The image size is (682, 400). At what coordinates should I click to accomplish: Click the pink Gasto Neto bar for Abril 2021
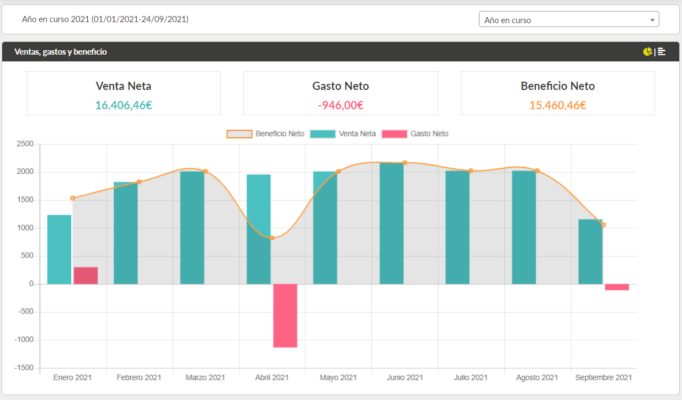pyautogui.click(x=285, y=316)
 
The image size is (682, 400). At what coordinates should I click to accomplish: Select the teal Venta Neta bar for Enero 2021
pyautogui.click(x=60, y=249)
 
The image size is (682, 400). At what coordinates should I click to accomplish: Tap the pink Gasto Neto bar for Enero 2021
pyautogui.click(x=86, y=276)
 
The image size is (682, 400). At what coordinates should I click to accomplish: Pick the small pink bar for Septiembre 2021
pyautogui.click(x=617, y=287)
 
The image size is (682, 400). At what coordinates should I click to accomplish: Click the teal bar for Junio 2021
pyautogui.click(x=392, y=223)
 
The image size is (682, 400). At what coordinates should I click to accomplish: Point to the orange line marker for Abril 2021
pyautogui.click(x=272, y=238)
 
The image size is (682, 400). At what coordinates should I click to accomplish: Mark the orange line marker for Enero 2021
pyautogui.click(x=72, y=198)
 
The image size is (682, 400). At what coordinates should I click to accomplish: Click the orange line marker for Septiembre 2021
pyautogui.click(x=604, y=225)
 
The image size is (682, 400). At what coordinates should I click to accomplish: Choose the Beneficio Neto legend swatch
pyautogui.click(x=239, y=134)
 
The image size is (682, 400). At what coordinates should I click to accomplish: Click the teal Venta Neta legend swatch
pyautogui.click(x=323, y=134)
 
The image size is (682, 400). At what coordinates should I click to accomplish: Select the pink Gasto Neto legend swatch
pyautogui.click(x=395, y=134)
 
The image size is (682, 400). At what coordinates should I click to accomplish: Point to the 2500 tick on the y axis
pyautogui.click(x=25, y=143)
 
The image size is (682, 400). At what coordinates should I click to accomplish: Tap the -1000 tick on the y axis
pyautogui.click(x=24, y=340)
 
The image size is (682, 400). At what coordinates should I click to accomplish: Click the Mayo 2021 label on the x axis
pyautogui.click(x=338, y=377)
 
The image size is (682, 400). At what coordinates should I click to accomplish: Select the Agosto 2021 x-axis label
pyautogui.click(x=537, y=377)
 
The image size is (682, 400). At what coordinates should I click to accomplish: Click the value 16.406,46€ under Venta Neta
pyautogui.click(x=124, y=105)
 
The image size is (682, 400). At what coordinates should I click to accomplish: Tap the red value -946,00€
pyautogui.click(x=340, y=105)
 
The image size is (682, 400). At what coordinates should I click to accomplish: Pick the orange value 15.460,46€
pyautogui.click(x=558, y=105)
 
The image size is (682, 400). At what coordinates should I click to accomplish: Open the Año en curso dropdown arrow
pyautogui.click(x=652, y=20)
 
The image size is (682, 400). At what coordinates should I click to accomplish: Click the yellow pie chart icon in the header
pyautogui.click(x=647, y=52)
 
